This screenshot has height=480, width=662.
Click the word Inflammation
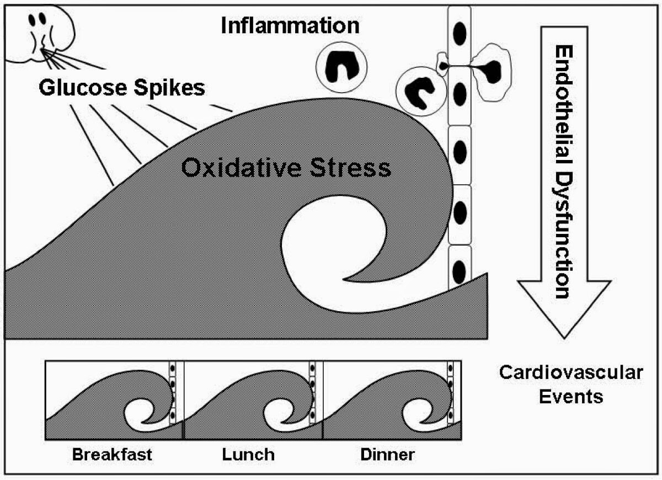click(290, 26)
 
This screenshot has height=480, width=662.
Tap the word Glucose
click(83, 88)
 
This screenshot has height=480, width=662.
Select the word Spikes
click(169, 88)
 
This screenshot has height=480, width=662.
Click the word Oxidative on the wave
click(241, 168)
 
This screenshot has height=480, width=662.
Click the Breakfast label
click(112, 454)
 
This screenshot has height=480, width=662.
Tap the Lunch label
click(248, 454)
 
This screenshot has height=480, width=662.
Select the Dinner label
click(387, 454)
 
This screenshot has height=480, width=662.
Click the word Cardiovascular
click(571, 372)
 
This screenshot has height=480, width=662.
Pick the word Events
click(571, 397)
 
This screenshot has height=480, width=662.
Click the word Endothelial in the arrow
click(564, 104)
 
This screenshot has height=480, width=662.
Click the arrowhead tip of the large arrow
click(564, 338)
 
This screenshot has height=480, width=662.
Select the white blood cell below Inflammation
click(341, 67)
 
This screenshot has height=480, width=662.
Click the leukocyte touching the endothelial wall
click(421, 91)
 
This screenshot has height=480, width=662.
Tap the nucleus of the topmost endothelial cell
click(460, 34)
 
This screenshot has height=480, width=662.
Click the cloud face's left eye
click(31, 20)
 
